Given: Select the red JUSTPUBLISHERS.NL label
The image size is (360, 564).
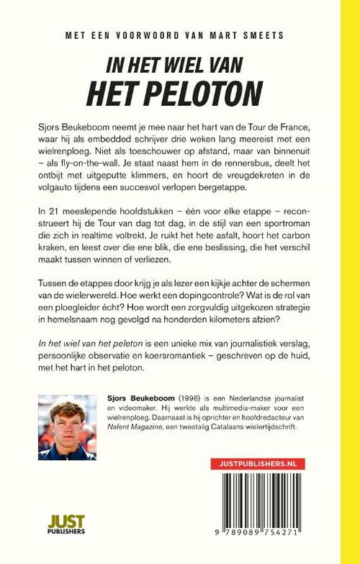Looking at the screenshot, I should coord(253,465).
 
